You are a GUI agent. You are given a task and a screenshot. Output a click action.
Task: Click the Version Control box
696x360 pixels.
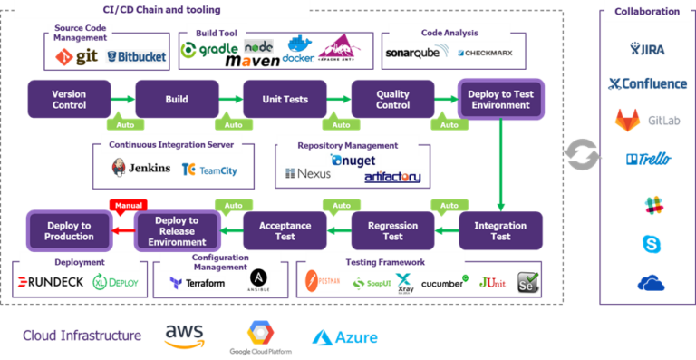[x=69, y=100]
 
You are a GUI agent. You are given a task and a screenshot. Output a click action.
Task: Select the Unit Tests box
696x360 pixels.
[x=285, y=100]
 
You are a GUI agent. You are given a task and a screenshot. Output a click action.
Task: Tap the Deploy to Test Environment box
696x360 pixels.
[x=500, y=100]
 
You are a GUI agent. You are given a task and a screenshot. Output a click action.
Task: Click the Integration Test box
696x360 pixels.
[x=500, y=230]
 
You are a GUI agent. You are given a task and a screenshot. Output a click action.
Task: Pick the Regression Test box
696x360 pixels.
[x=392, y=230]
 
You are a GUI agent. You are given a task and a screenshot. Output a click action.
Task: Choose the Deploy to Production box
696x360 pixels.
[x=69, y=230]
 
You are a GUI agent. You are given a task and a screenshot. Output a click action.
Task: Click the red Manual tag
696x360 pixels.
[x=127, y=206]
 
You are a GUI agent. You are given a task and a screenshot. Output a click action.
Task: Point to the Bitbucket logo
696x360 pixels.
[x=136, y=57]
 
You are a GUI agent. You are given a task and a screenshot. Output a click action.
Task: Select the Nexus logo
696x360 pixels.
[x=309, y=173]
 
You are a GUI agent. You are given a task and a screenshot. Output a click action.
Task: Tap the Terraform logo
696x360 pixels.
[x=197, y=284]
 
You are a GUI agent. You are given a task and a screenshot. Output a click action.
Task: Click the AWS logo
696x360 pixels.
[x=184, y=336]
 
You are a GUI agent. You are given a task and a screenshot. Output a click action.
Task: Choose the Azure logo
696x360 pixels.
[x=345, y=337]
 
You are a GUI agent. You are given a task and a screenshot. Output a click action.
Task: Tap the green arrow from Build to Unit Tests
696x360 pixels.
[x=231, y=100]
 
